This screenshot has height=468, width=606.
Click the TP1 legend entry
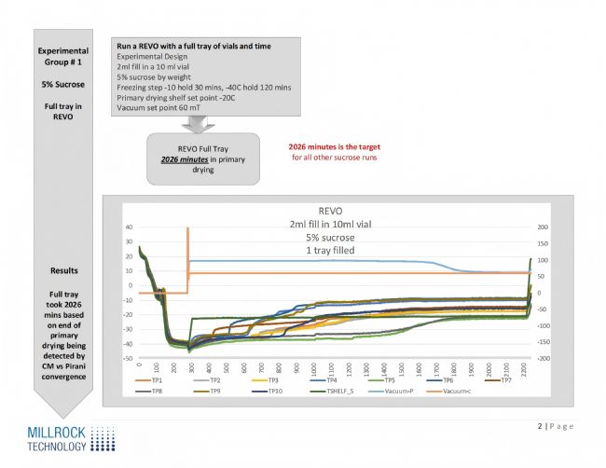157,380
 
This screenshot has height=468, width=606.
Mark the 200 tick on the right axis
540,227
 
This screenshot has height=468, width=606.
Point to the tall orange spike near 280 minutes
187,244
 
